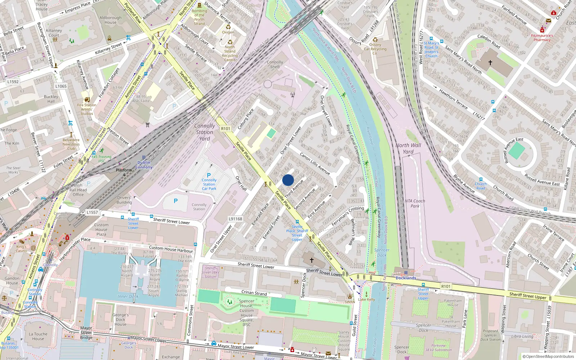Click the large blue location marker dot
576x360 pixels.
pyautogui.click(x=288, y=180)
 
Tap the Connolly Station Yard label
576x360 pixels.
pyautogui.click(x=204, y=132)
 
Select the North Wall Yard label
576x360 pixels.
pyautogui.click(x=408, y=148)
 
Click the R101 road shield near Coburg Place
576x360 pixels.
pyautogui.click(x=225, y=129)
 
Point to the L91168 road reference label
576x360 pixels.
pyautogui.click(x=235, y=219)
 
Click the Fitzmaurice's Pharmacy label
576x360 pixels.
pyautogui.click(x=542, y=38)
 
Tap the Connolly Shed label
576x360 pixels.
pyautogui.click(x=275, y=64)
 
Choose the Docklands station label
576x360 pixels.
pyautogui.click(x=406, y=278)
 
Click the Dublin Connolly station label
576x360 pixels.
pyautogui.click(x=144, y=165)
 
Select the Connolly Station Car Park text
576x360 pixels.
pyautogui.click(x=209, y=184)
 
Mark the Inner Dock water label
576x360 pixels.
pyautogui.click(x=128, y=296)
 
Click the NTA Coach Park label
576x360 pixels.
pyautogui.click(x=415, y=203)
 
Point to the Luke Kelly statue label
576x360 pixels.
pyautogui.click(x=366, y=299)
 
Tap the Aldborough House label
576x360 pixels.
pyautogui.click(x=111, y=20)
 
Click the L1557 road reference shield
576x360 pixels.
pyautogui.click(x=92, y=212)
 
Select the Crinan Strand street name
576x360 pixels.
pyautogui.click(x=254, y=293)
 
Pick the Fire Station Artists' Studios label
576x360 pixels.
pyautogui.click(x=86, y=109)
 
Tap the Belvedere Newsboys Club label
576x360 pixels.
pyautogui.click(x=71, y=144)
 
